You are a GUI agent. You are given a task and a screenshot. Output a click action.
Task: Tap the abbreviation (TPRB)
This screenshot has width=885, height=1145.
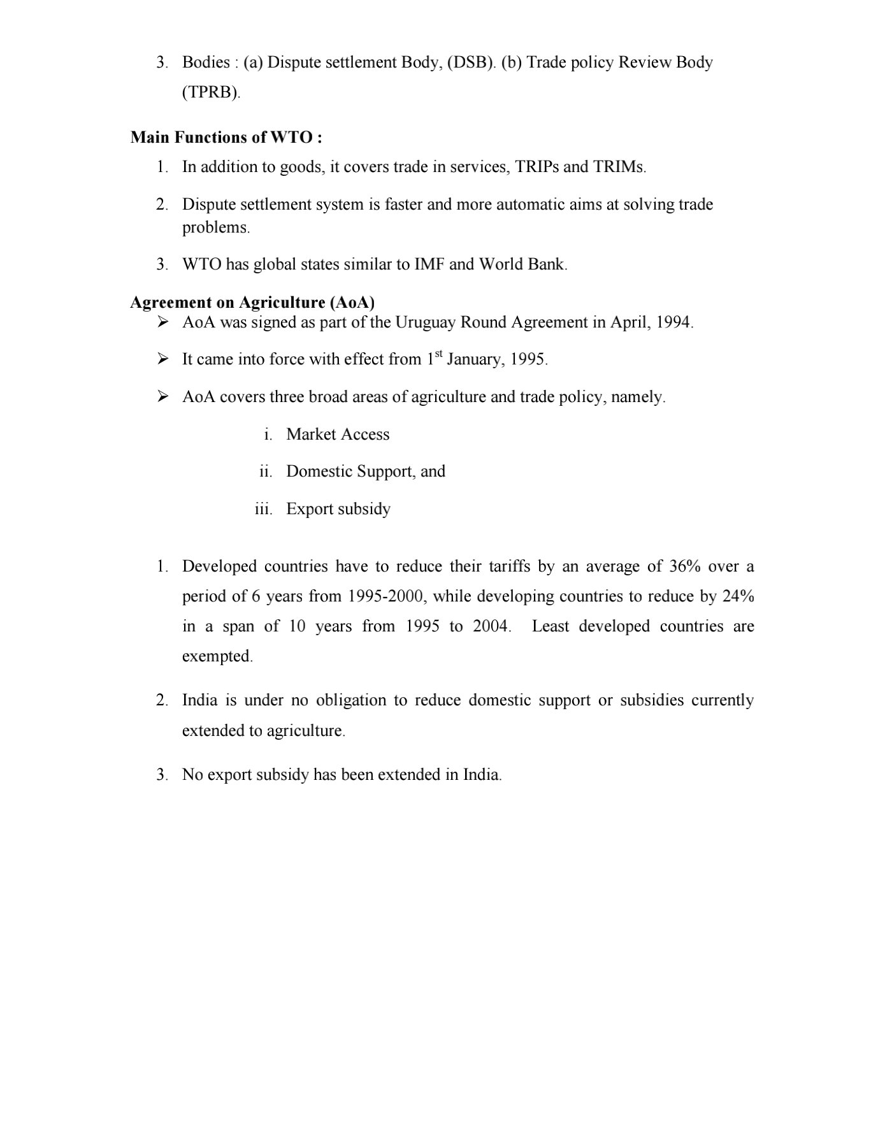tap(211, 92)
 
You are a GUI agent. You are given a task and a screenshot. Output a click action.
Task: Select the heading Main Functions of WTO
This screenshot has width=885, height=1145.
tap(226, 137)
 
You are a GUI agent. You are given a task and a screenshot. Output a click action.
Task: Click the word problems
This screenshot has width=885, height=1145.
tap(215, 227)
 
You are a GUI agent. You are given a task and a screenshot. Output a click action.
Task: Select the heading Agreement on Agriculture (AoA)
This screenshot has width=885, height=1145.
tap(252, 302)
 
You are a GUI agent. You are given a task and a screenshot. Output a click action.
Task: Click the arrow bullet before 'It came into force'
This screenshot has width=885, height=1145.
tap(163, 359)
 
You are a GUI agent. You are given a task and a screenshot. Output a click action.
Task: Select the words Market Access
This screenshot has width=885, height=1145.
tap(338, 435)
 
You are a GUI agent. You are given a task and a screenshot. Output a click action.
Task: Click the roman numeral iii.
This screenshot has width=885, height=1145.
tap(263, 509)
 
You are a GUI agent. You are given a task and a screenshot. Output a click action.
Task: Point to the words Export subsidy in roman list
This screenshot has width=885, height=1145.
tap(338, 509)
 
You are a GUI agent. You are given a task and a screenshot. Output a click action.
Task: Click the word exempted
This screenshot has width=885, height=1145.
tap(217, 656)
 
